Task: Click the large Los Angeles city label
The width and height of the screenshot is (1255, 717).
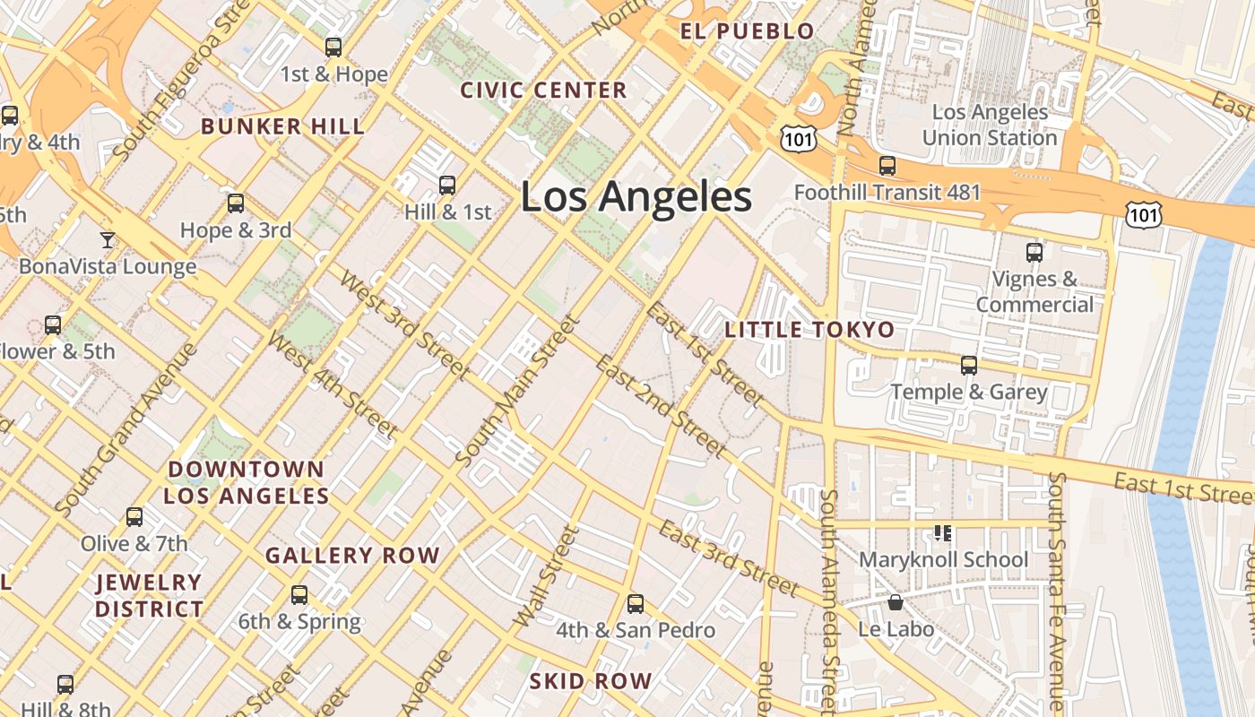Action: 636,197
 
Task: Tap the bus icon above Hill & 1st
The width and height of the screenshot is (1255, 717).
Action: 447,186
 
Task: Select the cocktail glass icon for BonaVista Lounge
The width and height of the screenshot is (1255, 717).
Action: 108,239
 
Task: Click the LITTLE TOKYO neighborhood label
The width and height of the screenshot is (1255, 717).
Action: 809,330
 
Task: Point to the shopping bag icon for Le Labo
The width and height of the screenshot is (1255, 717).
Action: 895,602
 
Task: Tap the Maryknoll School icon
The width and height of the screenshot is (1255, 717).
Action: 942,533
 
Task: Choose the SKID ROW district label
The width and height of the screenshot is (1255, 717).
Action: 590,681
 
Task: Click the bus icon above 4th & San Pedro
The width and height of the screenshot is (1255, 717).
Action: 636,603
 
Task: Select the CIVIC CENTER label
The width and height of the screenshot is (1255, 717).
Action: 543,91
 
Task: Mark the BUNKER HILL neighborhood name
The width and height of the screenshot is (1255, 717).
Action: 283,126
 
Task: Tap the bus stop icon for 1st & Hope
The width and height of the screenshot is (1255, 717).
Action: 333,48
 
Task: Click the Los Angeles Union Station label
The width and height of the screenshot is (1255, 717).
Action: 990,125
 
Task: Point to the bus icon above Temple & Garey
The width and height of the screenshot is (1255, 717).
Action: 969,365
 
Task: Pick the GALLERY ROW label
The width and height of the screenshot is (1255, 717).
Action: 352,556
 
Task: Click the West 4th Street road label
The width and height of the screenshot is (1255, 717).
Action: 333,385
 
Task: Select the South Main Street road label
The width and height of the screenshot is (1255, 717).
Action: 515,391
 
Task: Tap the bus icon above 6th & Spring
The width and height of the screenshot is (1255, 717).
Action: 299,594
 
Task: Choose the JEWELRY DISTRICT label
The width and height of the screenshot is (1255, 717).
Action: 150,596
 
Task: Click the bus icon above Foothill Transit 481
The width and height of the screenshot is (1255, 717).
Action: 887,165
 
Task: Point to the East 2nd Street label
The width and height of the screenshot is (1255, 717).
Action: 660,405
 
